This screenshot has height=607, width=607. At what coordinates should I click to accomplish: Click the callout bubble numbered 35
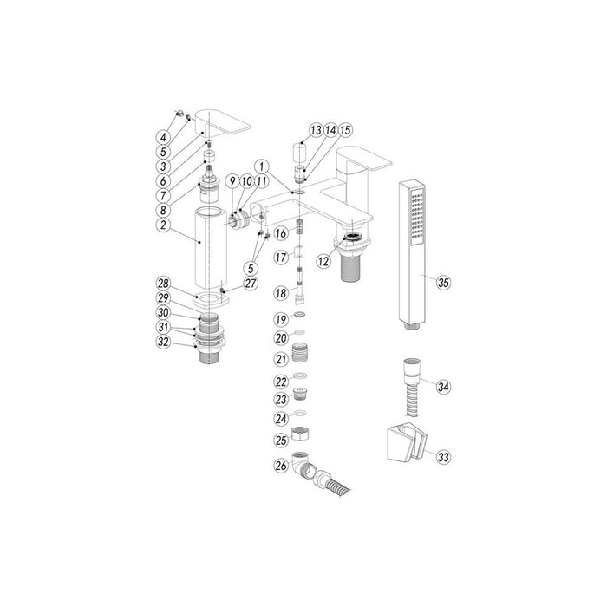tap(443, 283)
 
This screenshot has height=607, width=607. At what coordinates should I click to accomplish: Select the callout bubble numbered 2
tap(161, 223)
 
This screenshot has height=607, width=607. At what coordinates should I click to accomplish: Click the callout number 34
tap(444, 386)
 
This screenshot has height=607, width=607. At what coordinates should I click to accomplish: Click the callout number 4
tap(162, 136)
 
